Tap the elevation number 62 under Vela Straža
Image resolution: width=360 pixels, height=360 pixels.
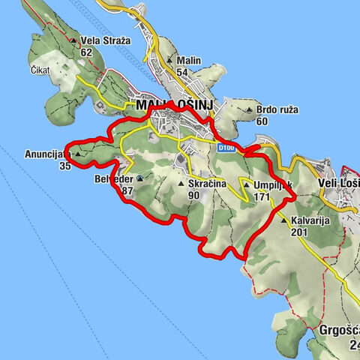pyautogui.click(x=86, y=52)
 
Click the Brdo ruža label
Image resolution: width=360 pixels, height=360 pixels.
pyautogui.click(x=277, y=109)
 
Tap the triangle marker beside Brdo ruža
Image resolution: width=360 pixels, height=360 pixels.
pyautogui.click(x=250, y=109)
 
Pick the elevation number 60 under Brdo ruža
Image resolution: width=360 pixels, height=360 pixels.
pyautogui.click(x=262, y=121)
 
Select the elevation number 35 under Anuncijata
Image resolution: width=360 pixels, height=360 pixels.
pyautogui.click(x=64, y=166)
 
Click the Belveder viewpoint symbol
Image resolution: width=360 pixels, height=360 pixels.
pyautogui.click(x=140, y=178)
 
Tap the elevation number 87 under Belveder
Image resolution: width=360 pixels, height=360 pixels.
pyautogui.click(x=127, y=190)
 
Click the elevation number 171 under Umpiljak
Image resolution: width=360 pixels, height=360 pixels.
pyautogui.click(x=261, y=196)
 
